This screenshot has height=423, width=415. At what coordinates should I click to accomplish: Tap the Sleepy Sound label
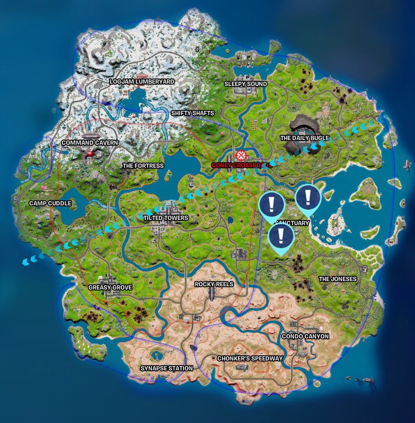[x=245, y=84]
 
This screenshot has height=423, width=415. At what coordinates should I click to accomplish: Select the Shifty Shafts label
[x=192, y=113]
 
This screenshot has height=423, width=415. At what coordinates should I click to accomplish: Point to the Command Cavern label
[x=90, y=143]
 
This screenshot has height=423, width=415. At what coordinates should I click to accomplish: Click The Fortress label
[x=143, y=166]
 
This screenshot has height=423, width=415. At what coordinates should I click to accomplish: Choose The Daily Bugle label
[x=304, y=138]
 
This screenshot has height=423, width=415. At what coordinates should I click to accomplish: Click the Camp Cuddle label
[x=50, y=204]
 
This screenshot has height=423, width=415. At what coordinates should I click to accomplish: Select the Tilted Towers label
[x=166, y=218]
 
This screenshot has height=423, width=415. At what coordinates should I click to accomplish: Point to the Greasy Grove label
[x=110, y=288]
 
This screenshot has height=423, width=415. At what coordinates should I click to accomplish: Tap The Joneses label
[x=338, y=279]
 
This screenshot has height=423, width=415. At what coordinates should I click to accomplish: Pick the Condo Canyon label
[x=305, y=337]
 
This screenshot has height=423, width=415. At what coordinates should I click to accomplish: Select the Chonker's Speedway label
[x=250, y=359]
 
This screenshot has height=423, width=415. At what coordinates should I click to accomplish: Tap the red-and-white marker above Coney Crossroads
[x=241, y=155]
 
